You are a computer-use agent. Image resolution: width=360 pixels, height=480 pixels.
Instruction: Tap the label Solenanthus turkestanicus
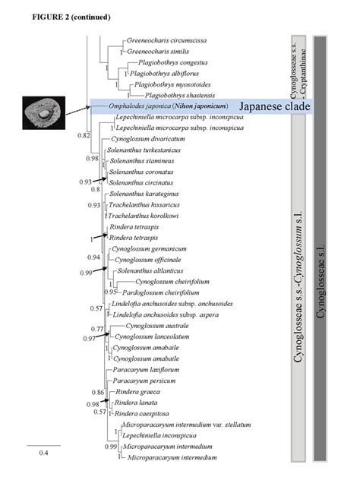point(144,150)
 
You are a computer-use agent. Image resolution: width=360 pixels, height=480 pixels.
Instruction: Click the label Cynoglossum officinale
point(150,259)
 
